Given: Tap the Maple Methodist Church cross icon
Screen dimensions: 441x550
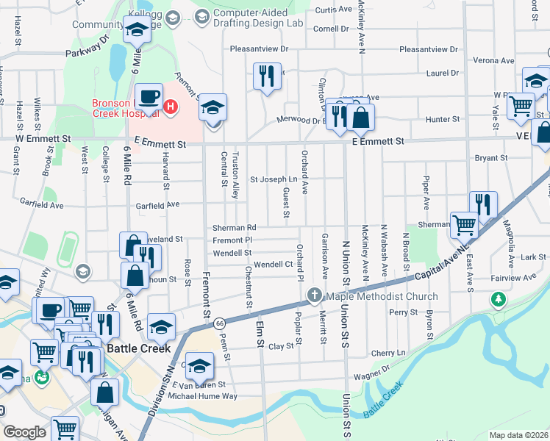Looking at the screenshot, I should click(315, 296).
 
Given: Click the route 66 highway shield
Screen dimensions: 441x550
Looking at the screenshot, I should click(219, 323).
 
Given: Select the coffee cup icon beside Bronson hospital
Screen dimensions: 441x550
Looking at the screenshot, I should click(148, 96).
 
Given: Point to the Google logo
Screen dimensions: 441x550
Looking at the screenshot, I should click(24, 432).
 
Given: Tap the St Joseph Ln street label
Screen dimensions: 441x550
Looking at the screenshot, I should click(274, 179).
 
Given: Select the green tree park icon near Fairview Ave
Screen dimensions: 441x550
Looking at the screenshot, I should click(499, 299).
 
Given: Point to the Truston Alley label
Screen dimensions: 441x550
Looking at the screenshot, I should click(236, 175).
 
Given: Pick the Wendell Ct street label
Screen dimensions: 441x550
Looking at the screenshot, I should click(274, 265).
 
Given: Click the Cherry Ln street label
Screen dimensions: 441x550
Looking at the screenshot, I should click(388, 353).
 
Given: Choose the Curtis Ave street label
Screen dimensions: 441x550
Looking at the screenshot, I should click(334, 10).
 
